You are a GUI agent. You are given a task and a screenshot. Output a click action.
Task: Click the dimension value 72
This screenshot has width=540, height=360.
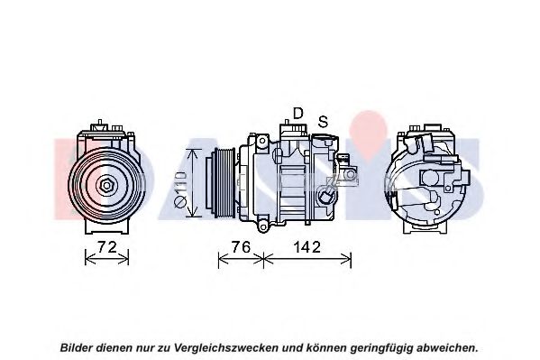tap(106, 247)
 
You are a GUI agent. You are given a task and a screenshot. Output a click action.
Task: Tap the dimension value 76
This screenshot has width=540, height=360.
tap(241, 247)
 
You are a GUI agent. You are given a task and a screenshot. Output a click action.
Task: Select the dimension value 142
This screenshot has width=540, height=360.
tap(307, 247)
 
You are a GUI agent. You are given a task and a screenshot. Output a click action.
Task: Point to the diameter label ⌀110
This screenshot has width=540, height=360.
tap(180, 189)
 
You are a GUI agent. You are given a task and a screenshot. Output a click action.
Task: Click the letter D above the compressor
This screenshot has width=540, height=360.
tap(297, 113)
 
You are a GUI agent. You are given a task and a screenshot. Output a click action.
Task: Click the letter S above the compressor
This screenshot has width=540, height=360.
tap(323, 122)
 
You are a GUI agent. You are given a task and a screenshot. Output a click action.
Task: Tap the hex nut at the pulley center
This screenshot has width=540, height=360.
tap(106, 186)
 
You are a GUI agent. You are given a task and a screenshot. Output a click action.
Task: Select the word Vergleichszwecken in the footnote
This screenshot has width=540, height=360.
tap(226, 347)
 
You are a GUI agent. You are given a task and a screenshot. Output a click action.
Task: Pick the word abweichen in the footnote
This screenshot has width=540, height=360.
tap(447, 347)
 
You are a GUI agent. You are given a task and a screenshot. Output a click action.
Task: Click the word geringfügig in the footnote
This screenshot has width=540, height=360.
tap(381, 347)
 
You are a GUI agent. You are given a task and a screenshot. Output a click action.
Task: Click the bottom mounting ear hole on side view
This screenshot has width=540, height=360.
tap(262, 227)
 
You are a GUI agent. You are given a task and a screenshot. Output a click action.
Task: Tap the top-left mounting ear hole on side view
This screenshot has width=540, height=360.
tap(262, 141)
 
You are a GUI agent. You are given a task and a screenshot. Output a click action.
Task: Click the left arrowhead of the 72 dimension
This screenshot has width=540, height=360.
tap(89, 259)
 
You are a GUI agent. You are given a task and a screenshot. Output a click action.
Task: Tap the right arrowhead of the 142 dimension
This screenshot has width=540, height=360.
tap(346, 259)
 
